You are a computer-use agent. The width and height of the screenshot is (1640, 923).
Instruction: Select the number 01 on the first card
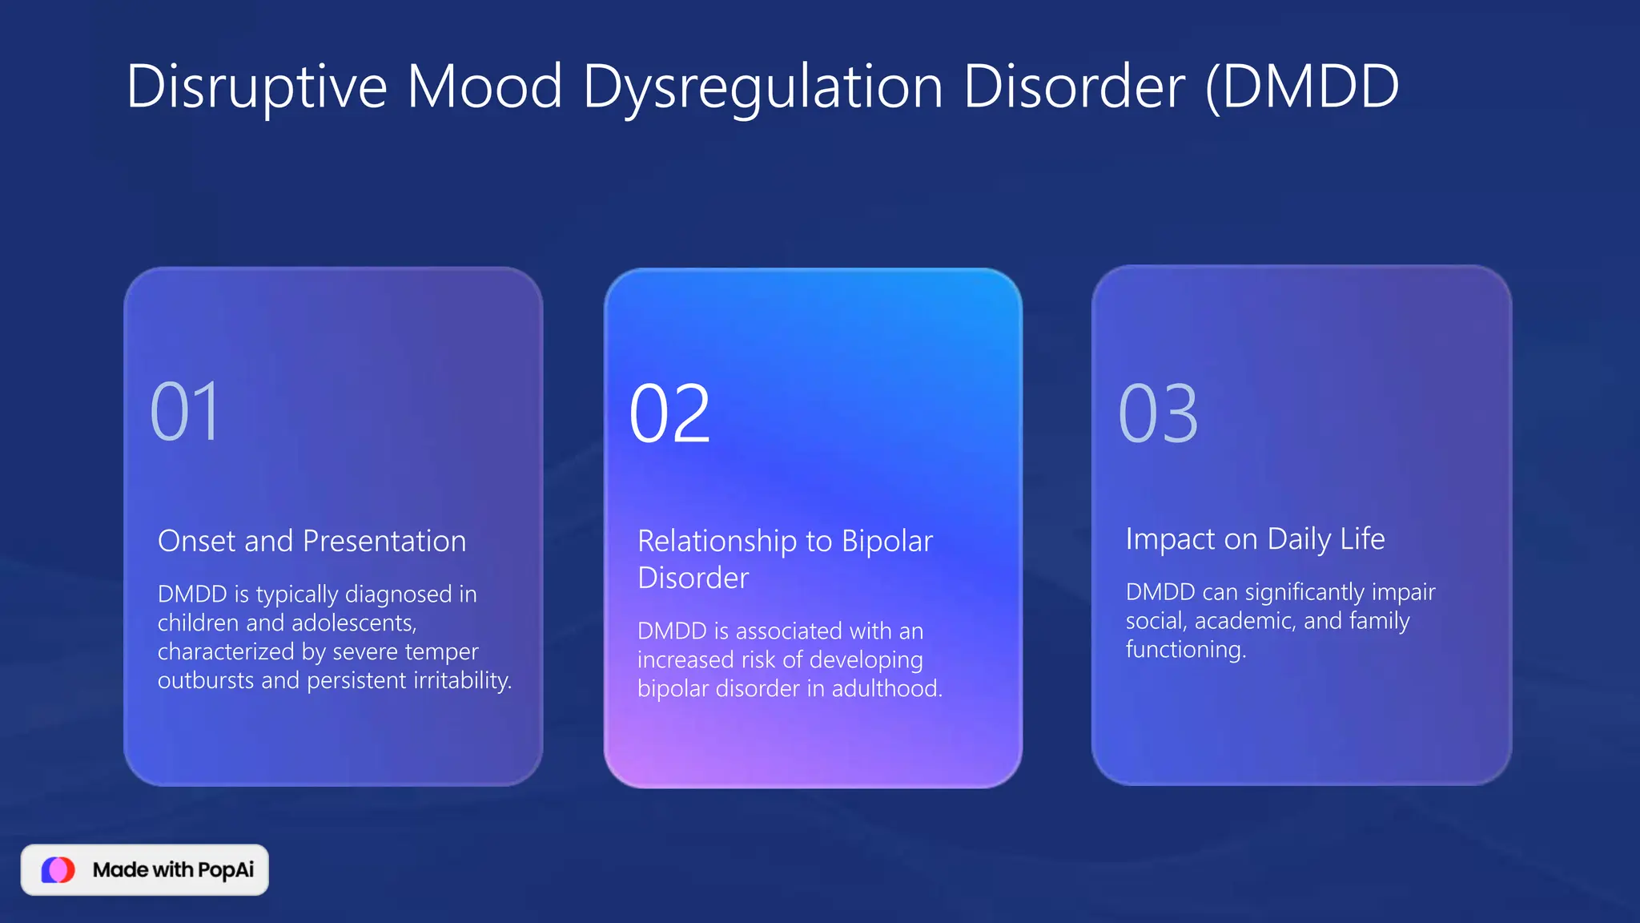click(x=185, y=413)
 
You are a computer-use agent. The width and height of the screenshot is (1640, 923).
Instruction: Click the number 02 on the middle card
click(x=669, y=414)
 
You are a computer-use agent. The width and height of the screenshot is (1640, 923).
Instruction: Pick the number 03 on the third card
click(x=1158, y=414)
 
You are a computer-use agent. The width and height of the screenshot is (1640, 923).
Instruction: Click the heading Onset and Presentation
click(x=312, y=542)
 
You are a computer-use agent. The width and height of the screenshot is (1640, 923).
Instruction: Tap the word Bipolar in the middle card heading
click(x=887, y=542)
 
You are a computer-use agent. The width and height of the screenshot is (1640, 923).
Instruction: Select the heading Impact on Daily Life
click(x=1255, y=539)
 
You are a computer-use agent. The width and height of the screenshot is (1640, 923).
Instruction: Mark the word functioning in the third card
click(x=1185, y=649)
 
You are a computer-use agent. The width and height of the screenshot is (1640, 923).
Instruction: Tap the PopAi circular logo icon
click(x=58, y=869)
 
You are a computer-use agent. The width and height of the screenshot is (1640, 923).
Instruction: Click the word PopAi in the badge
click(x=226, y=870)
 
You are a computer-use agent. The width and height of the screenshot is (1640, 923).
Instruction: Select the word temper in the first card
click(x=443, y=651)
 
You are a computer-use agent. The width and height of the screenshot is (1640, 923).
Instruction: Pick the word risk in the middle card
click(x=758, y=659)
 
